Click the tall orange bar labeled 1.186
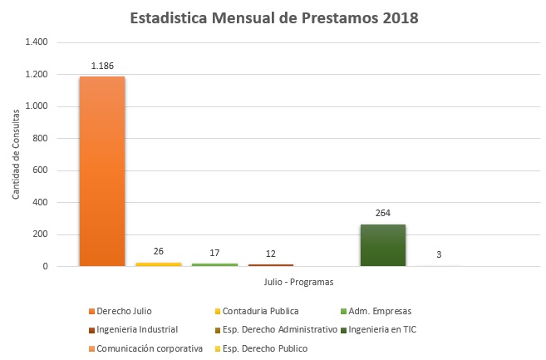click(x=101, y=171)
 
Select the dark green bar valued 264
click(x=382, y=245)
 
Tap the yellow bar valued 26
click(x=158, y=264)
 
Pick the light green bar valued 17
click(x=214, y=264)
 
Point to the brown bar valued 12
click(x=270, y=264)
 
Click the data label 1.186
click(x=102, y=64)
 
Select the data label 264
click(x=382, y=212)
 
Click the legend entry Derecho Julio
click(x=124, y=312)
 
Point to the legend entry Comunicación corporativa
click(x=146, y=348)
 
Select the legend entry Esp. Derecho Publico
click(x=262, y=348)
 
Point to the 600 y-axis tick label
click(x=41, y=170)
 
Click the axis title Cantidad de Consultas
click(x=17, y=153)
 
